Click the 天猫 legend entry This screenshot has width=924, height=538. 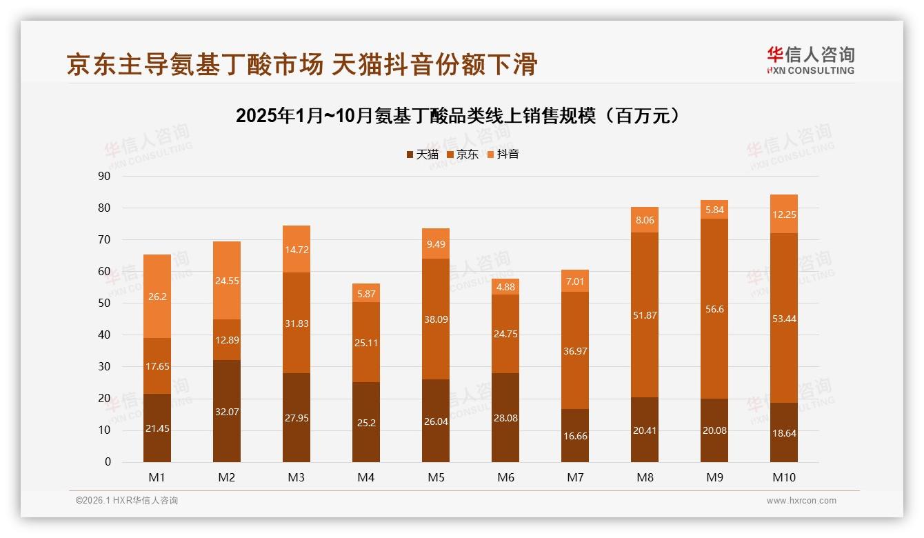coord(422,155)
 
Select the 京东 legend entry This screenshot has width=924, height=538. coord(462,155)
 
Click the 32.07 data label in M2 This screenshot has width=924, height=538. coord(227,412)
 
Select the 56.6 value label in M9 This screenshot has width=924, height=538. coord(714,309)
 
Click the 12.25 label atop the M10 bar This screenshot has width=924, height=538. coord(784,215)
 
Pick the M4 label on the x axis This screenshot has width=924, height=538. coord(366,477)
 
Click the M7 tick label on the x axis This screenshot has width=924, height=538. coord(575,477)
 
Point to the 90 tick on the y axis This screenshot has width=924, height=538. coord(104,177)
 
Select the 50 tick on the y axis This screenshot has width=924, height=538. coord(104,303)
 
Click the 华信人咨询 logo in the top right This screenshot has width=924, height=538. coord(810,60)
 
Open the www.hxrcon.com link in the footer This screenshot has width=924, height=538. coord(801,501)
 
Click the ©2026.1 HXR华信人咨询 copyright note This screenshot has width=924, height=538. coord(127,501)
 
